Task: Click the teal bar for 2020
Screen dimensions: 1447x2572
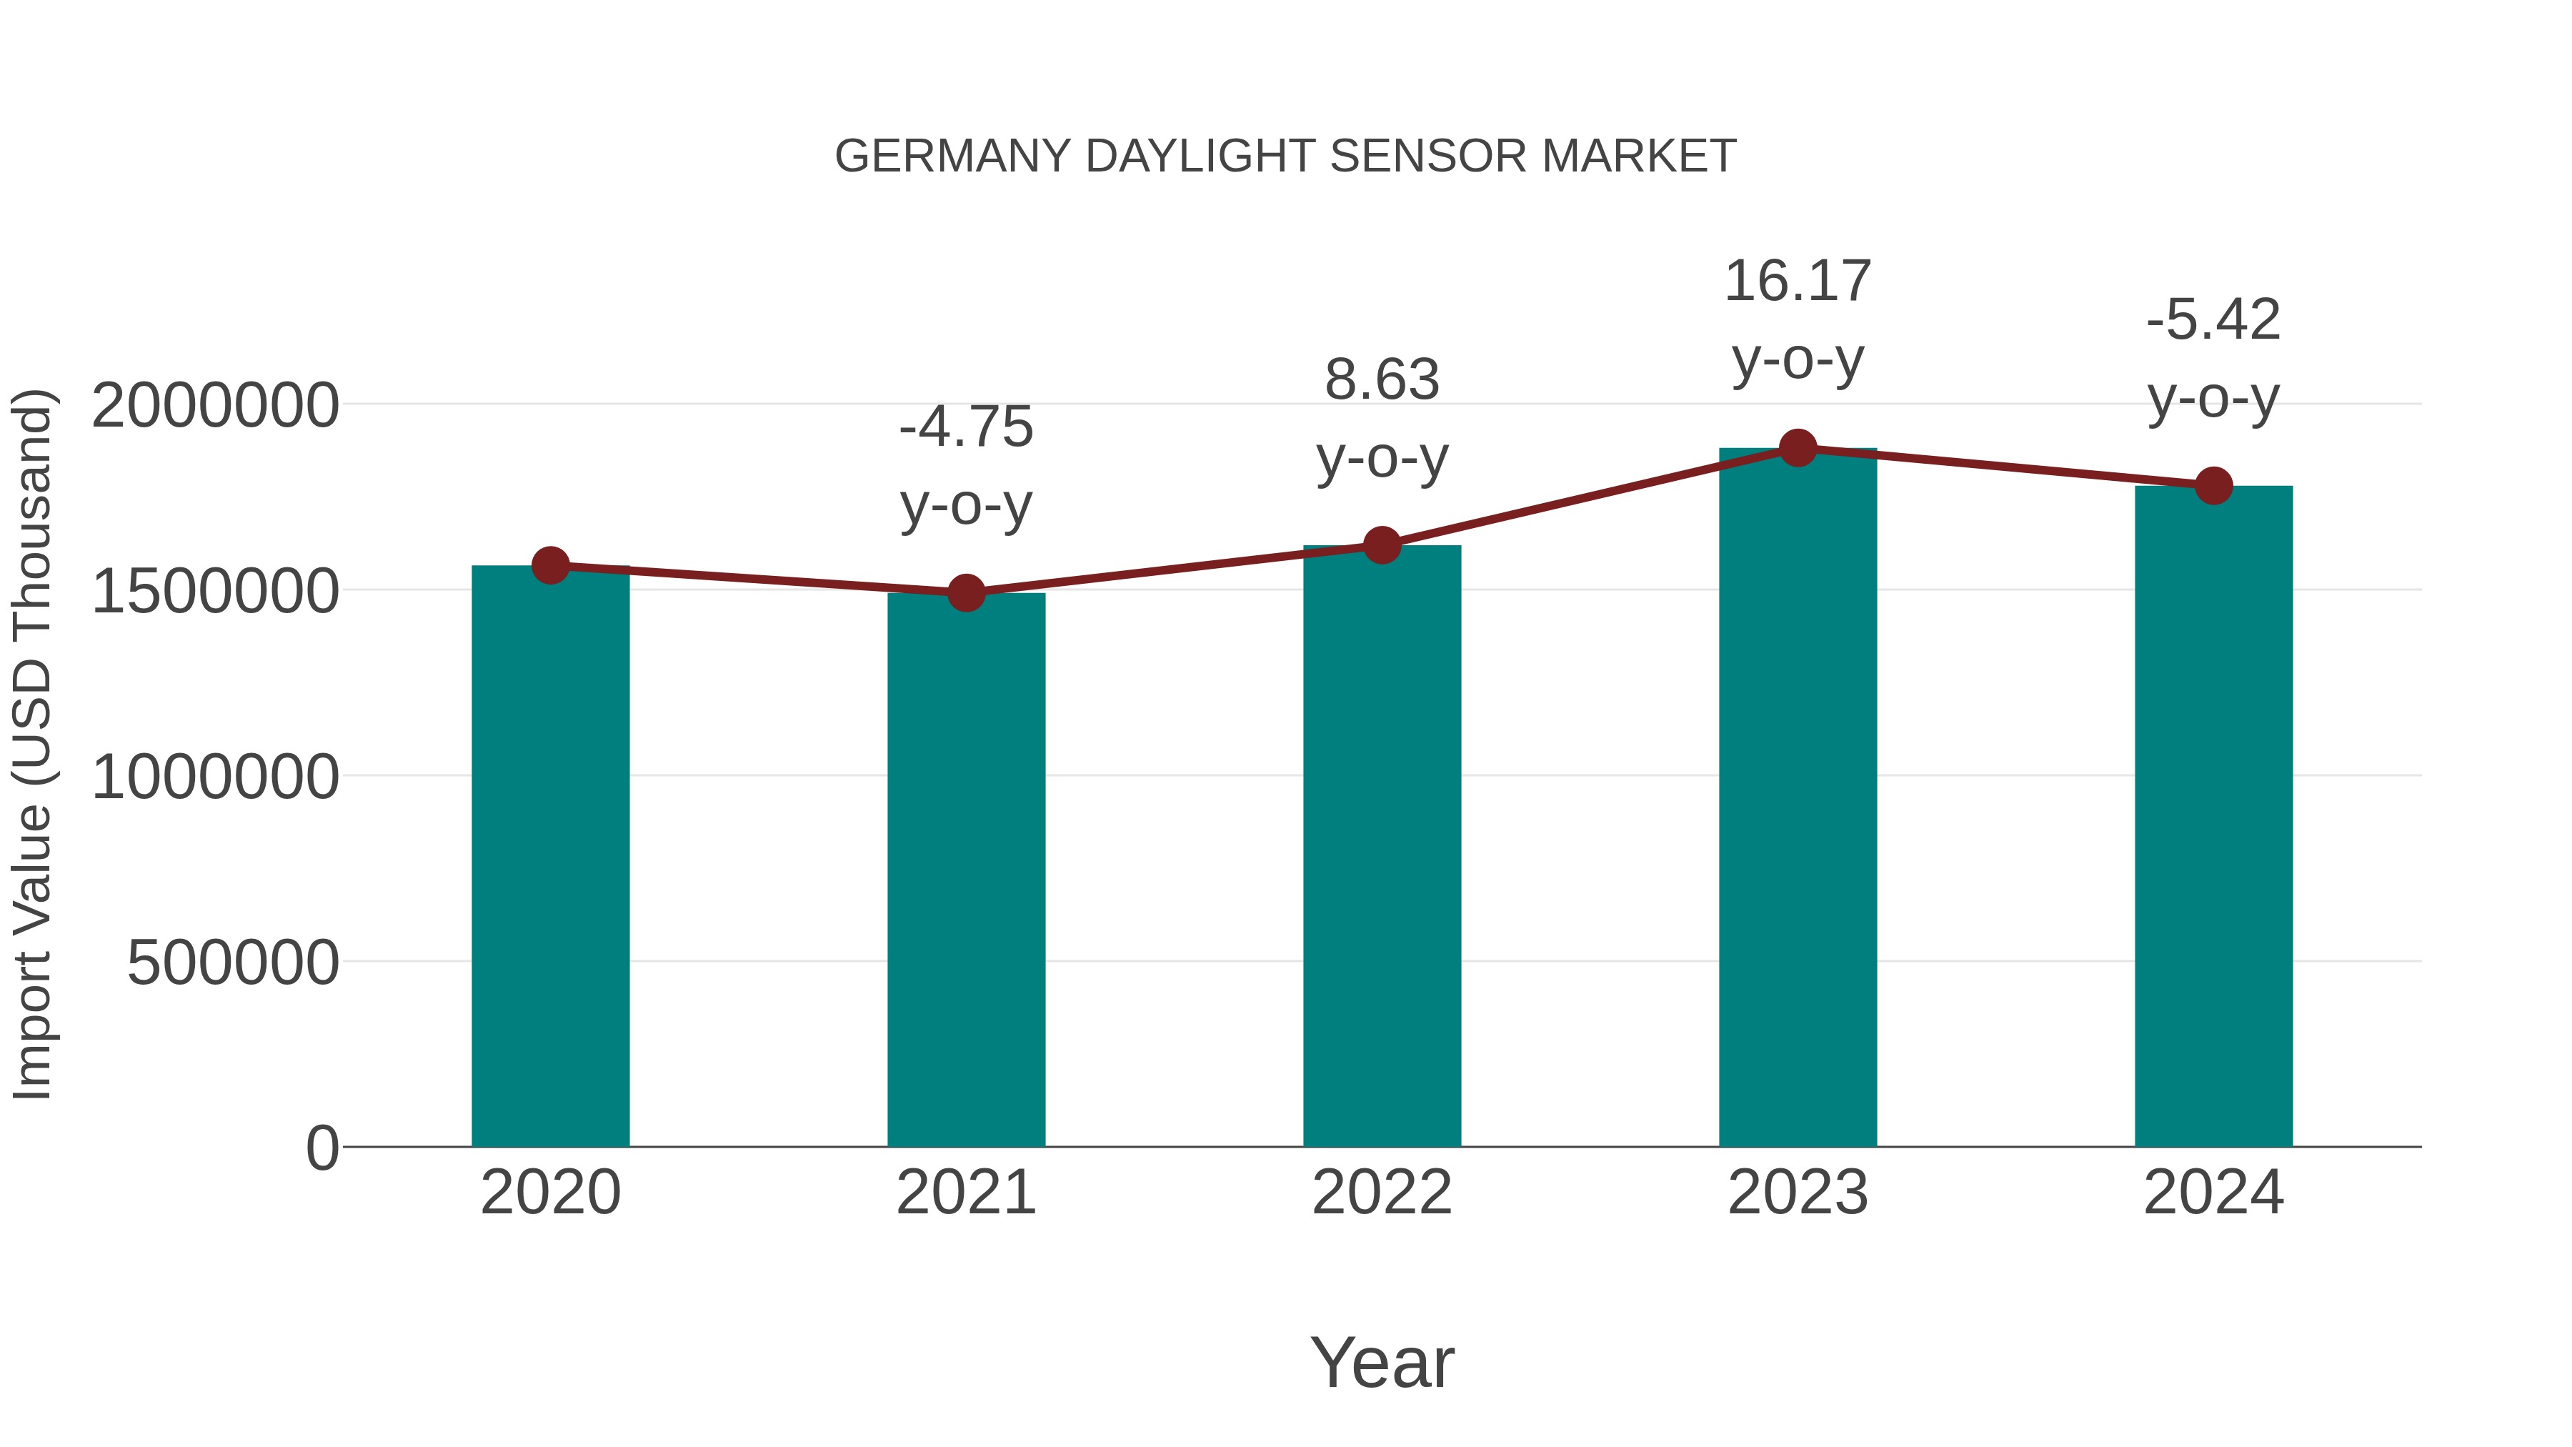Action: click(550, 859)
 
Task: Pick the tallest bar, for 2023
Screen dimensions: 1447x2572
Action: click(1798, 799)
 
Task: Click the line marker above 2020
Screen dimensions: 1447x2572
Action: click(550, 565)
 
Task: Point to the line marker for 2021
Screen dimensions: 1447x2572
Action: click(965, 593)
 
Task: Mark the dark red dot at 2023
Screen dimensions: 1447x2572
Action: click(1798, 448)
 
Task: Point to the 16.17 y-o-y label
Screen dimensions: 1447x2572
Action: click(1798, 319)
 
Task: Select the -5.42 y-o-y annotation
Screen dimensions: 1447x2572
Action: click(2213, 359)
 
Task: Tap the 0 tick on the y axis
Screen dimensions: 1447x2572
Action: click(322, 1148)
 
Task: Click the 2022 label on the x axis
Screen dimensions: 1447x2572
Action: click(1382, 1193)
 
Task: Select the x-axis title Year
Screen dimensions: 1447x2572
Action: click(1382, 1362)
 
